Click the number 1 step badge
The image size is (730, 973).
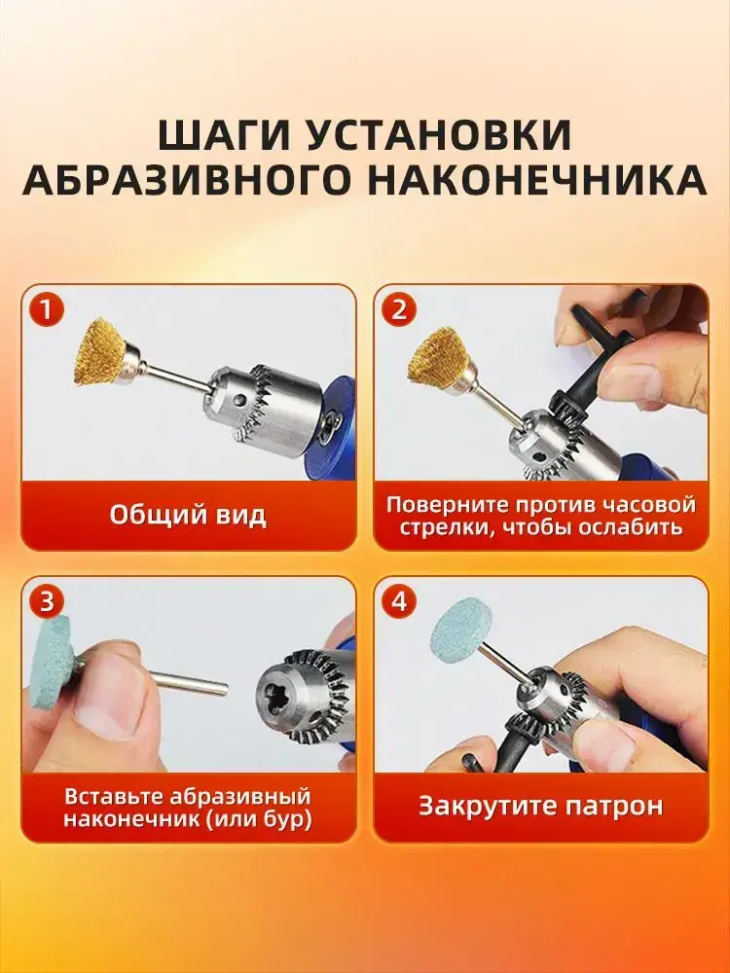47,308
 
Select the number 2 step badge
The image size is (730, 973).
398,308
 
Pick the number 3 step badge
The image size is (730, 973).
47,601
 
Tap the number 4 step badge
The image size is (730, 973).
398,601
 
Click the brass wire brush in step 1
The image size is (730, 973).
102,352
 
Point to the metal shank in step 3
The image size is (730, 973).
190,683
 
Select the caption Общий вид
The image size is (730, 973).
188,515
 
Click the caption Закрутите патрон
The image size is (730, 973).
540,806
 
